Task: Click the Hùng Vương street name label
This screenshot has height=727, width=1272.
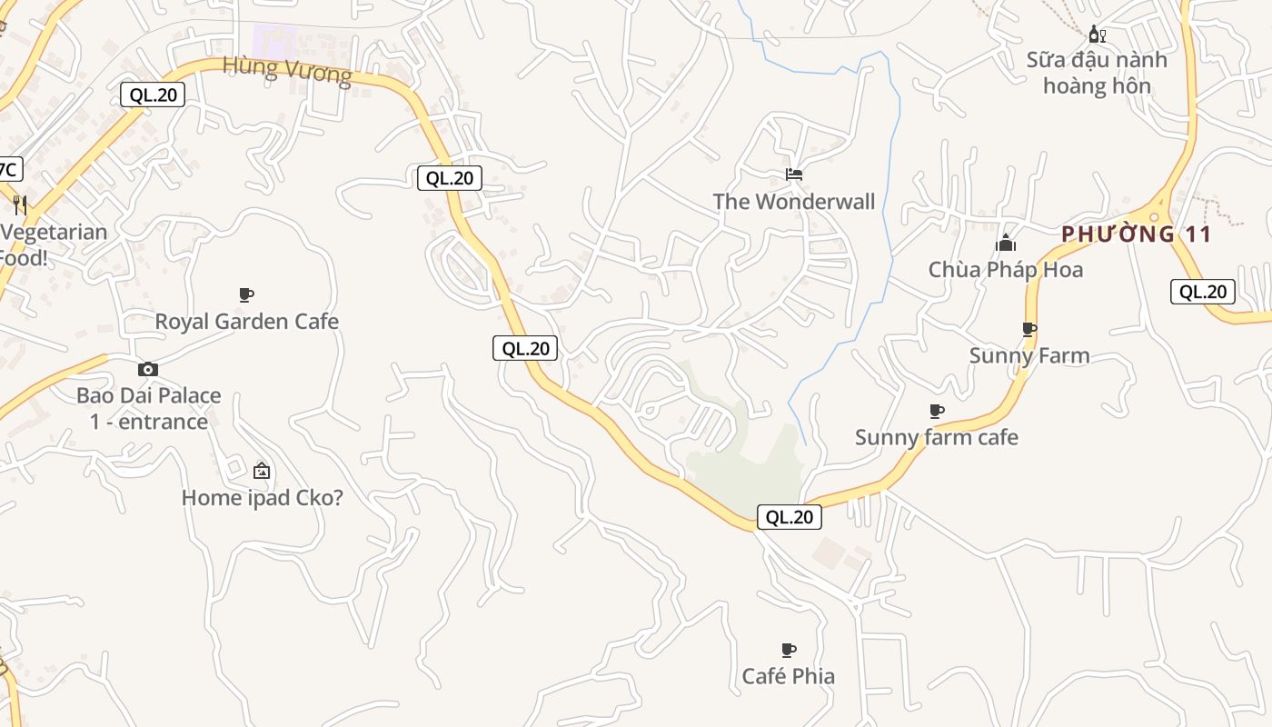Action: coord(287,69)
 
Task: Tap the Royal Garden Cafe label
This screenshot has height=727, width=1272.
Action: coord(246,322)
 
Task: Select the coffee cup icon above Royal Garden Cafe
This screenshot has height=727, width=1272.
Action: coord(245,294)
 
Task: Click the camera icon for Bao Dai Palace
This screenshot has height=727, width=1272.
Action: coord(148,369)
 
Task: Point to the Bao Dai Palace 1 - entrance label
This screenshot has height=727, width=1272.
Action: coord(149,409)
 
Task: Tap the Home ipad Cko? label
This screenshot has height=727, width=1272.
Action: coord(263,498)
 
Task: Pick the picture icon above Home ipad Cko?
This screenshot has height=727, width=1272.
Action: coord(262,471)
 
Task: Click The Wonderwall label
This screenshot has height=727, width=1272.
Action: coord(794,202)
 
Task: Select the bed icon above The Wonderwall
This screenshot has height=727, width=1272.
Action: coord(794,174)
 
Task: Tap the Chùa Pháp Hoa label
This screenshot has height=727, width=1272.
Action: coord(1006,270)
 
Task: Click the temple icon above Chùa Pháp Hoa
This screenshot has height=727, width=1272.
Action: coord(1006,243)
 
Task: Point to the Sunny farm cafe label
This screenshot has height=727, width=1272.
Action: coord(937,438)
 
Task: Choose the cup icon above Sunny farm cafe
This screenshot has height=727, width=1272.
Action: coord(937,412)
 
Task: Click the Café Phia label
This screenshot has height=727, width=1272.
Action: coord(789,676)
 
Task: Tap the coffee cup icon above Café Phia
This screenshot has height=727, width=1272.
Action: coord(789,650)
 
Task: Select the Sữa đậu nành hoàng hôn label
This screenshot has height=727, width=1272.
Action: coord(1098,73)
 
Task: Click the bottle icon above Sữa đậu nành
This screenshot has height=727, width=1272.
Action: coord(1098,35)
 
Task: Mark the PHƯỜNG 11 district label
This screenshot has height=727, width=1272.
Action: coord(1137,234)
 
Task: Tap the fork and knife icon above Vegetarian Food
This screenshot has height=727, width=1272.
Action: coord(20,205)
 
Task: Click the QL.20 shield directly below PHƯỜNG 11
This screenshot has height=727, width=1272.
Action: coord(1203,292)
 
